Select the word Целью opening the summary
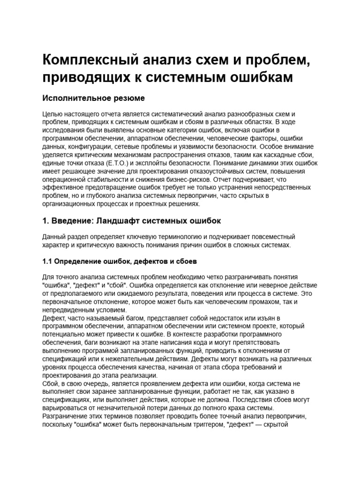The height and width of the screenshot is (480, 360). (53, 114)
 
